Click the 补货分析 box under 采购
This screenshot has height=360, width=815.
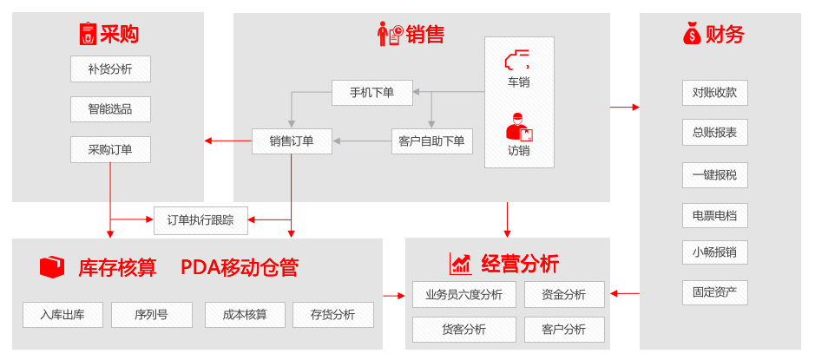pos(110,69)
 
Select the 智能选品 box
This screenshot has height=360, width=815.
pos(110,109)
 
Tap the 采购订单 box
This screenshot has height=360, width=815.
pos(110,149)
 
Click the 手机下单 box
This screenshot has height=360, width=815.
pos(371,92)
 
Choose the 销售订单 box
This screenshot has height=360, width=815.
pos(292,141)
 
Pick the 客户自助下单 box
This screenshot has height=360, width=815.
pos(431,141)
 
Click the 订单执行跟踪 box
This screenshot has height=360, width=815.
pos(200,220)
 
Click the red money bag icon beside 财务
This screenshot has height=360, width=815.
pos(692,34)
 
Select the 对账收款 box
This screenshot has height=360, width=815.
pos(714,92)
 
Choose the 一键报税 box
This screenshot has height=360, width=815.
pos(714,174)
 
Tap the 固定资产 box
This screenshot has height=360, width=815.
pos(714,292)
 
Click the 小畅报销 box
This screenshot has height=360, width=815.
pos(714,252)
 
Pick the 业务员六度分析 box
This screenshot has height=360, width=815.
pos(463,294)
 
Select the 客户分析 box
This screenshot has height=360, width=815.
pos(563,330)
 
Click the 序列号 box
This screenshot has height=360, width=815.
pos(151,315)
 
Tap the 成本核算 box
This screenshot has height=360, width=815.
pos(245,315)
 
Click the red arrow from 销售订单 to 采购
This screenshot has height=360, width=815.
pos(227,141)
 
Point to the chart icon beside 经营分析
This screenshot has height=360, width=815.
pos(460,264)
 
